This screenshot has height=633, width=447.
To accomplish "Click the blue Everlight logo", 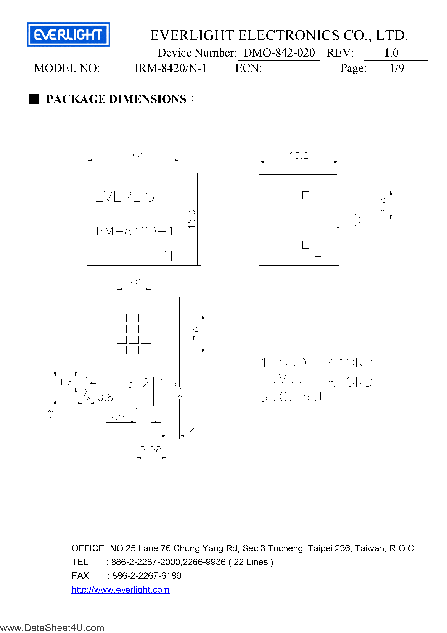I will point(68,34).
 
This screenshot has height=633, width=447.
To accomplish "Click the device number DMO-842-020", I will point(279,53).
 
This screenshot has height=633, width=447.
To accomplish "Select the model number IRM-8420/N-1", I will point(170,68).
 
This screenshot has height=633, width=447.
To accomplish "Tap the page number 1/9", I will point(397,68).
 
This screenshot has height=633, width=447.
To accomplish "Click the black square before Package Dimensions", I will point(34,99).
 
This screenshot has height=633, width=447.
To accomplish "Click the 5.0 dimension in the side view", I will point(384,205).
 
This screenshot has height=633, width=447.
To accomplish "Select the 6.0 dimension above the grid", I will point(134,282).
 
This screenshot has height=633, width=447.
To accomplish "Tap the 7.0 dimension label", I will point(196,334).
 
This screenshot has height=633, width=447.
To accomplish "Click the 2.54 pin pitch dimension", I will point(120,417).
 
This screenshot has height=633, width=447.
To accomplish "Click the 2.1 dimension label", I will point(196,429).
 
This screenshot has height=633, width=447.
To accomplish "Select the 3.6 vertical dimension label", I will point(50,414).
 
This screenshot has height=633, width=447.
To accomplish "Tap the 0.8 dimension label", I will point(105,398).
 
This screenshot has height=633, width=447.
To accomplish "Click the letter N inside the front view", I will point(168,256).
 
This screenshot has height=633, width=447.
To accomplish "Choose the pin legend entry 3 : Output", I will point(291,397).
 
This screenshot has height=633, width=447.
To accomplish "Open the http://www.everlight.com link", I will point(120,589).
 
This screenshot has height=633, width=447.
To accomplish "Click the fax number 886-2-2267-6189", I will point(146,576).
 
